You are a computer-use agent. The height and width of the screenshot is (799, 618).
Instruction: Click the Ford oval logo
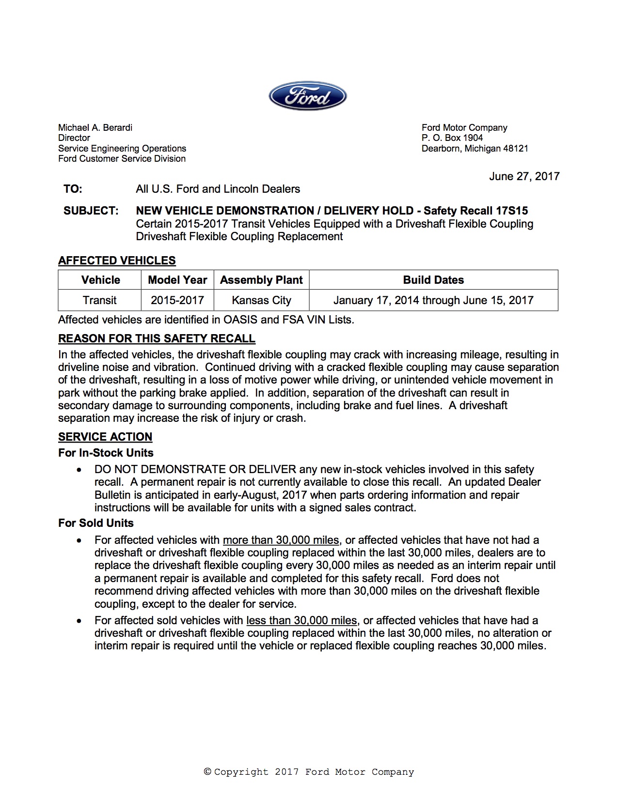308,96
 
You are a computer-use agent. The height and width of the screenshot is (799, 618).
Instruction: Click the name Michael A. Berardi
95,127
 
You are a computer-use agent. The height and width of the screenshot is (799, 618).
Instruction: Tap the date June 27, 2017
524,176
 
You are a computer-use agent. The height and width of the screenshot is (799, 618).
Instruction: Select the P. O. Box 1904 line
452,138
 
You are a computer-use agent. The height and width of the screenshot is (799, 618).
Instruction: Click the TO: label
73,189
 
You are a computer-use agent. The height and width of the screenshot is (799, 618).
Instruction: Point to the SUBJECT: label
91,211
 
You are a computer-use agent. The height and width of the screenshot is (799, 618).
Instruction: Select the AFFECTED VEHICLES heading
117,261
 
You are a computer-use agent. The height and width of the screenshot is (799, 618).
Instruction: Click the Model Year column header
177,280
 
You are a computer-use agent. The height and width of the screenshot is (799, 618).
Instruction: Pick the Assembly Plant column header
261,280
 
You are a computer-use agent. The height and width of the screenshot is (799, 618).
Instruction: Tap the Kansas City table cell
261,300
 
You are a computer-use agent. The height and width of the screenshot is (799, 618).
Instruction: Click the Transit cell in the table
99,300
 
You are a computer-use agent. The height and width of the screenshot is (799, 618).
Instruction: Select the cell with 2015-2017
177,300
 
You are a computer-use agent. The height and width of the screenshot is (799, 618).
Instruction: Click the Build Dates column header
433,280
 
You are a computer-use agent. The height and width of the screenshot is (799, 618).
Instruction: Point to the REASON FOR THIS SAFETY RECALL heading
157,338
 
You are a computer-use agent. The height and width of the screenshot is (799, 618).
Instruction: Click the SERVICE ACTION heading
105,437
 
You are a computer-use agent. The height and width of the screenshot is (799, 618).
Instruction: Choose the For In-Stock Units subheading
106,453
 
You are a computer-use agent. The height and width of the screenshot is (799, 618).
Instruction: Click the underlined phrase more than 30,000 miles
281,540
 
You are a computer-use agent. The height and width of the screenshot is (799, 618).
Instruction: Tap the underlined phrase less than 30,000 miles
301,620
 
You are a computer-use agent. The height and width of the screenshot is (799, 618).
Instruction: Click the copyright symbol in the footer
207,772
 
